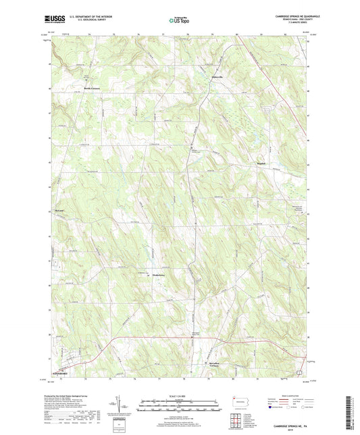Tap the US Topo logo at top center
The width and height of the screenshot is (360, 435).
(x=180, y=21)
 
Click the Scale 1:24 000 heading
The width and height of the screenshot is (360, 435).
(x=180, y=396)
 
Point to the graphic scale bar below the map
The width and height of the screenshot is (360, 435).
(x=180, y=406)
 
